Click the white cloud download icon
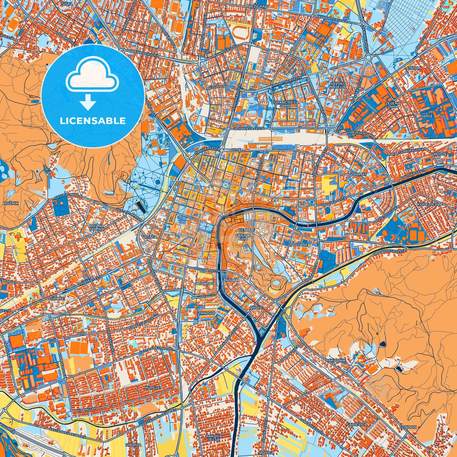click(x=92, y=78)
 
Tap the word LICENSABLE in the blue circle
click(x=92, y=121)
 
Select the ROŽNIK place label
click(x=9, y=203)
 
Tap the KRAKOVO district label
click(x=206, y=283)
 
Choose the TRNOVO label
click(x=207, y=313)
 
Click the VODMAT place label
click(x=359, y=174)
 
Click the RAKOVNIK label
click(x=336, y=360)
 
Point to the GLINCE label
click(x=57, y=298)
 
